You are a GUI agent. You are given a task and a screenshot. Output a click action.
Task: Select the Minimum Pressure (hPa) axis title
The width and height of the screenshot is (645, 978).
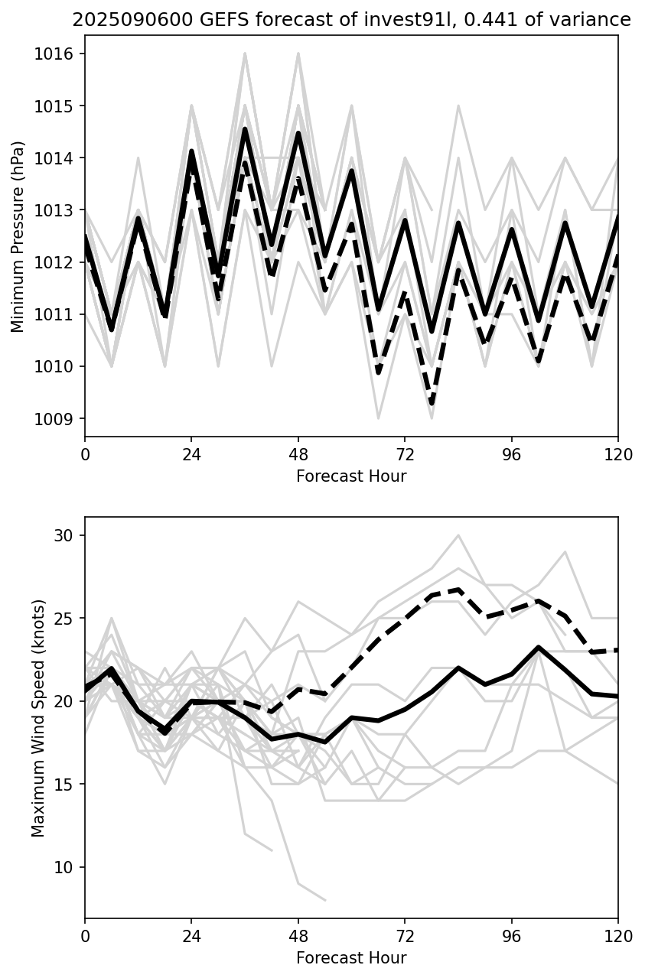pos(18,236)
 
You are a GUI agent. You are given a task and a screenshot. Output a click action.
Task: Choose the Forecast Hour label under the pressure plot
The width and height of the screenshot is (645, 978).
pos(351,476)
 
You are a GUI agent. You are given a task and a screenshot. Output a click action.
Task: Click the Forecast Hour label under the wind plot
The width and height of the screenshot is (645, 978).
pos(351,958)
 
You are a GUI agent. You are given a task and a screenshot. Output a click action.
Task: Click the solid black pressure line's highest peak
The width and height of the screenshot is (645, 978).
pos(245,129)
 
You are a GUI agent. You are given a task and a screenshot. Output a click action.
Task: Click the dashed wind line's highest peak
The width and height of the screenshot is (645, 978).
pos(458,590)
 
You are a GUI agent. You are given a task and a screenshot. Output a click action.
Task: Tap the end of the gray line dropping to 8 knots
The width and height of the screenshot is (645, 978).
pos(325,900)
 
